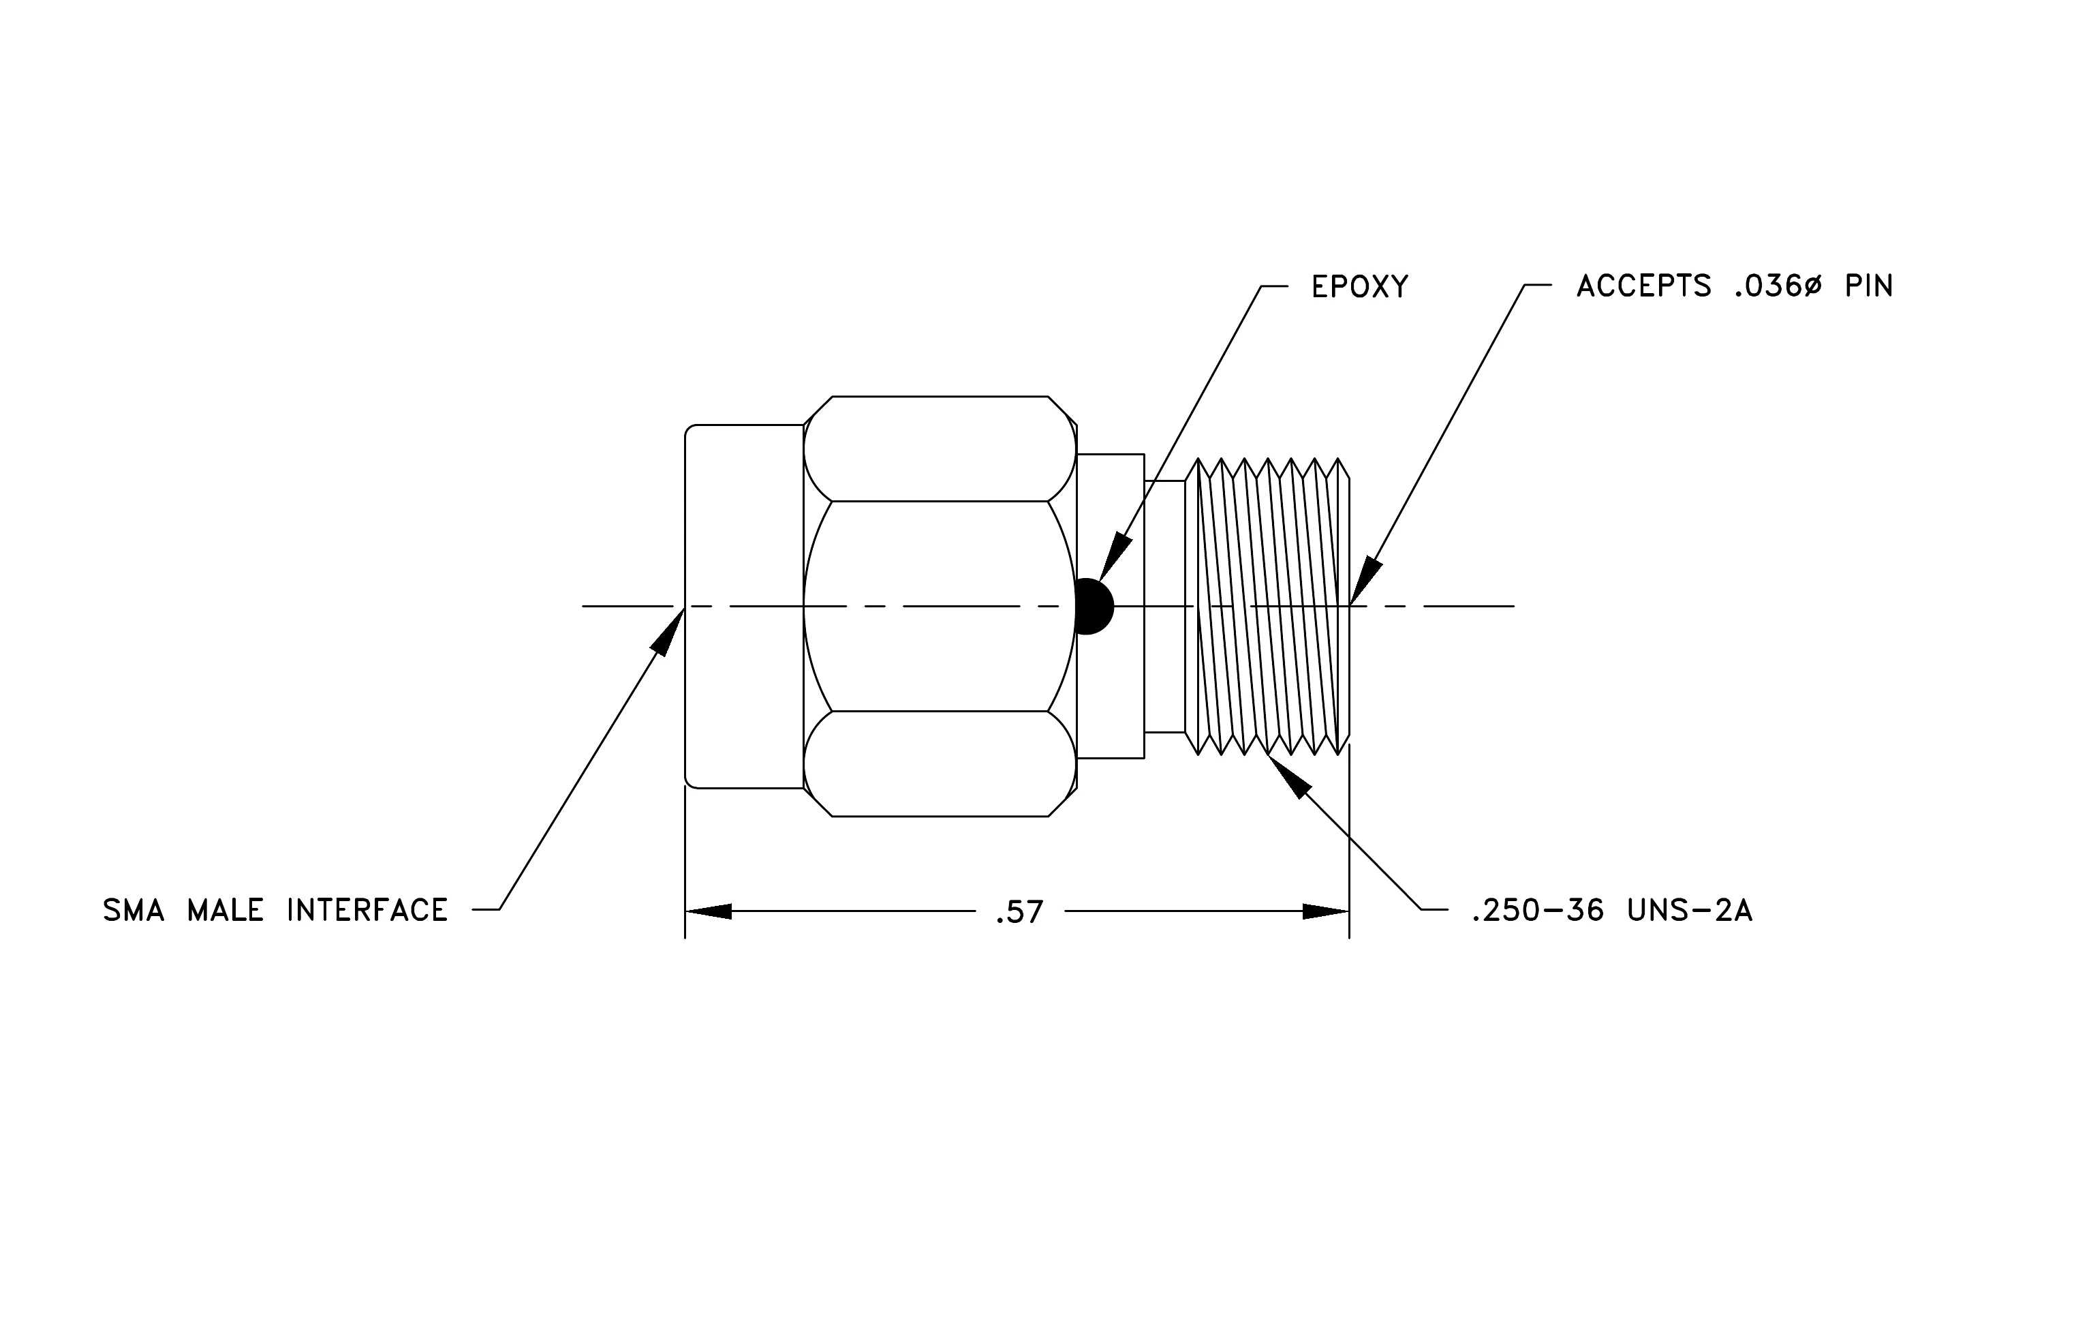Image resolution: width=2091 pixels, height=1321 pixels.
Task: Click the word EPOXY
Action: (1360, 286)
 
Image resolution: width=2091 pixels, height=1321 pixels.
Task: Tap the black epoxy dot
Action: (1094, 606)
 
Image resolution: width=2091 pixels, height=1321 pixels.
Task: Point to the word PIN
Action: (1869, 286)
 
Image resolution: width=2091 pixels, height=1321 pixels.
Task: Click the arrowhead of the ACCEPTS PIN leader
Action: (1365, 581)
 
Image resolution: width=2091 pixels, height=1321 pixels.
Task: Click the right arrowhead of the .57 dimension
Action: (1326, 911)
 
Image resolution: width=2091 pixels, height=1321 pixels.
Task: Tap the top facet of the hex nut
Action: (940, 449)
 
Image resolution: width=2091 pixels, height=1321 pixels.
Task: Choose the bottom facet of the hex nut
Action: (940, 763)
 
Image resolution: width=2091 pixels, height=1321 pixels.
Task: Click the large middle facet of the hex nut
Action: (940, 606)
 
